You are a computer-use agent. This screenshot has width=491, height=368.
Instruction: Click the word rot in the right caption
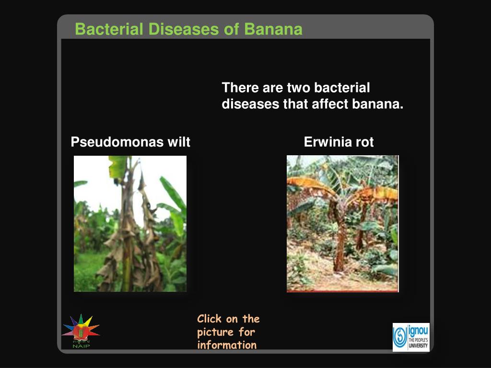point(364,142)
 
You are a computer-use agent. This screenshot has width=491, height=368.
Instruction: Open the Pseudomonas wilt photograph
point(130,224)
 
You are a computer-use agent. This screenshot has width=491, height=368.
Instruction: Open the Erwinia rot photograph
point(342,224)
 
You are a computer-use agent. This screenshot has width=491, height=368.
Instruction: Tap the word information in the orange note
point(227,345)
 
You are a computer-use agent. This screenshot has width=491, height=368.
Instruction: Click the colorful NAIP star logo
point(81,329)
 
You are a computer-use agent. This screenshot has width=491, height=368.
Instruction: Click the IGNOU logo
point(411,337)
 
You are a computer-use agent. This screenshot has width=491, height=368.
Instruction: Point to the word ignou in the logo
point(419,330)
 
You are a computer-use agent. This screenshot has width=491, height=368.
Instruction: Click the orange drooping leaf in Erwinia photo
point(307,184)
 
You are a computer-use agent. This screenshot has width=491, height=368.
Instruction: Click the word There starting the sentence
point(240,88)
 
